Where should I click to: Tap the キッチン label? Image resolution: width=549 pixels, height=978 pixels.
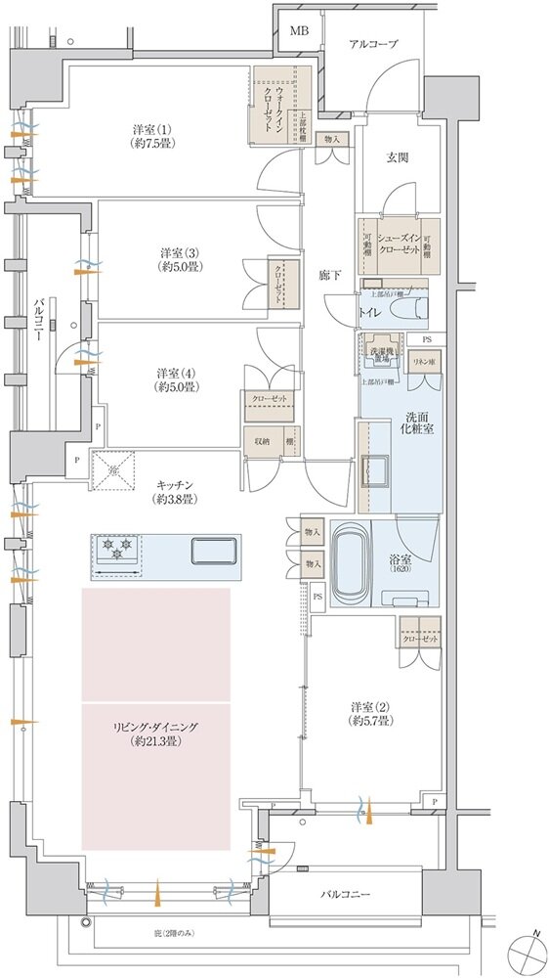pos(174,491)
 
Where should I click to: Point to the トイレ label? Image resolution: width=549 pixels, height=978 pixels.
pos(370,312)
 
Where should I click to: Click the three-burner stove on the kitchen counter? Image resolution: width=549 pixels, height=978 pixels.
pos(117,550)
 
